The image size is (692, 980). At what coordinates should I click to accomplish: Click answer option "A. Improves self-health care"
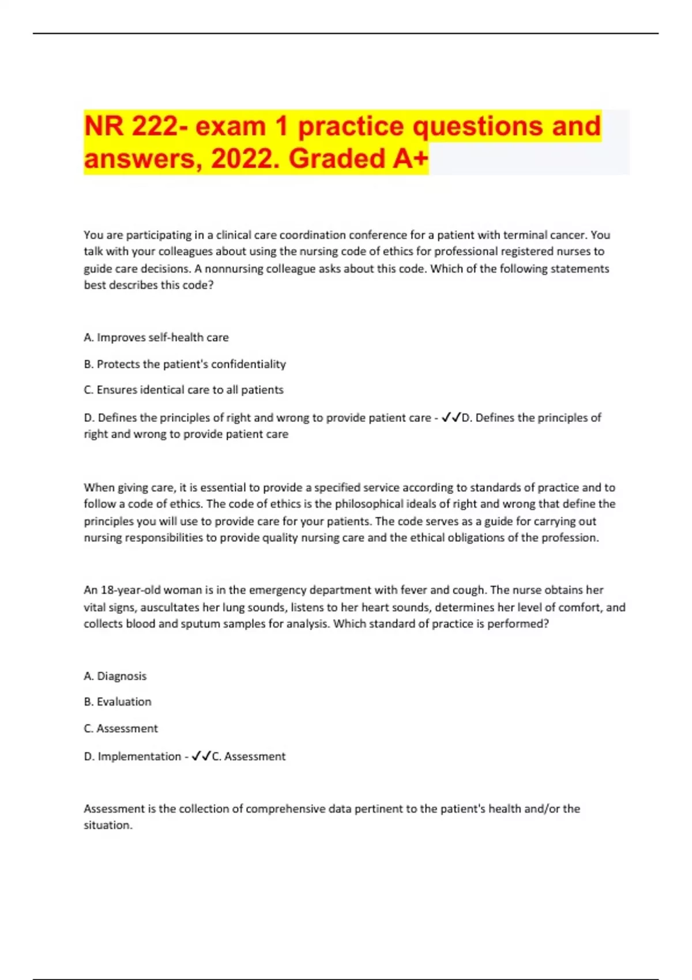pyautogui.click(x=156, y=337)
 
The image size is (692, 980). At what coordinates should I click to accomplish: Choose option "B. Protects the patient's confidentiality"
pyautogui.click(x=185, y=364)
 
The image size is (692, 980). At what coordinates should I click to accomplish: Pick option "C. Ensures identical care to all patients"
pyautogui.click(x=183, y=390)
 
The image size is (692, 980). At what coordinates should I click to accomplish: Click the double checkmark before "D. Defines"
pyautogui.click(x=450, y=417)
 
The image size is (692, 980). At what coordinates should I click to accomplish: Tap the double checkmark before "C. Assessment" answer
pyautogui.click(x=201, y=756)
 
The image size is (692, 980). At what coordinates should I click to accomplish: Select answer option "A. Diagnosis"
pyautogui.click(x=115, y=676)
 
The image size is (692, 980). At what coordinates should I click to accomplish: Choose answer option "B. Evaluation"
pyautogui.click(x=118, y=702)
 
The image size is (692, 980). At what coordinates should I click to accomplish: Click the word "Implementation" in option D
pyautogui.click(x=139, y=756)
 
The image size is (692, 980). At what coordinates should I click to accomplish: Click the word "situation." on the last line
pyautogui.click(x=108, y=825)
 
